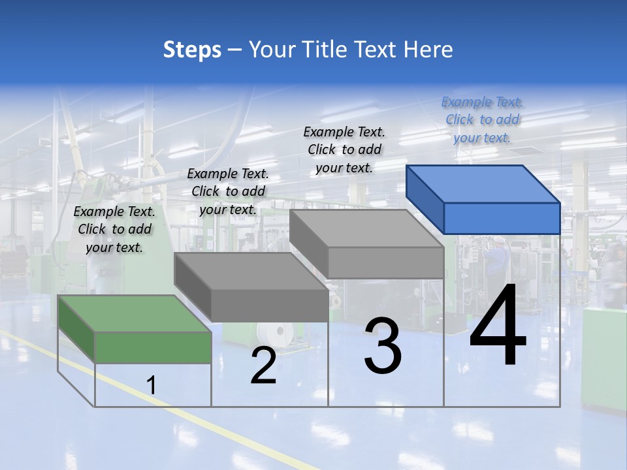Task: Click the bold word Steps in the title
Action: (x=192, y=50)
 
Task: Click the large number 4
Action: (x=498, y=326)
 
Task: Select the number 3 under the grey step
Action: (x=383, y=346)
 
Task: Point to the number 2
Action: (x=263, y=366)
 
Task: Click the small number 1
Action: (x=151, y=386)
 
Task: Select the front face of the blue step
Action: (x=502, y=218)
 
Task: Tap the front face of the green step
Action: (x=153, y=347)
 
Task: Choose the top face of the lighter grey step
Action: (x=366, y=228)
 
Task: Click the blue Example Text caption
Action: (x=482, y=119)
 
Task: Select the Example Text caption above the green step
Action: (x=114, y=229)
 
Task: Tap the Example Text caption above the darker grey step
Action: (x=228, y=191)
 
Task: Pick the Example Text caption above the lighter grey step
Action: (x=344, y=149)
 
